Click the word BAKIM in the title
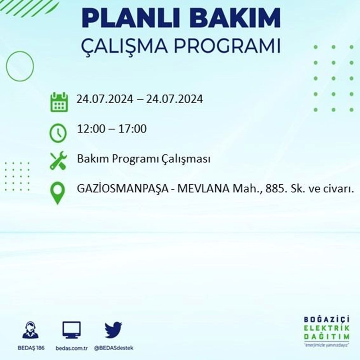(235, 18)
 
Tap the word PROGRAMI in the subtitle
(227, 46)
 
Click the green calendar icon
(59, 102)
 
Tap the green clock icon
(58, 133)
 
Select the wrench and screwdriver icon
(59, 161)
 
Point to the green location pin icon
(57, 193)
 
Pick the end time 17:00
(132, 129)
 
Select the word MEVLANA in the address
(203, 189)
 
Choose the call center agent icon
(31, 330)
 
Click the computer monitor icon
(71, 330)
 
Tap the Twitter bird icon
(113, 330)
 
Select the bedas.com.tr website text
(72, 348)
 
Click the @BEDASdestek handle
(114, 348)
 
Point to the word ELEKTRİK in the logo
(327, 328)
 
